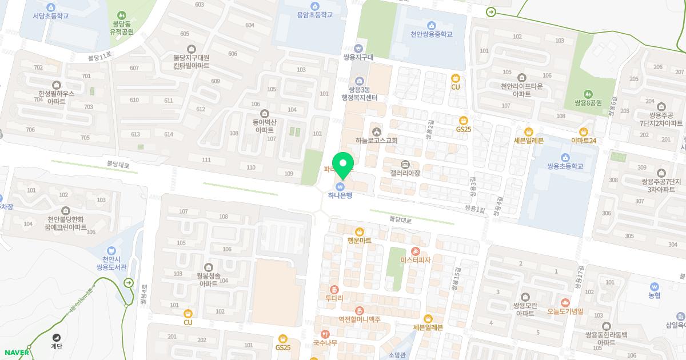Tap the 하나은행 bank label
tap(340, 195)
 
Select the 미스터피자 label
tap(416, 260)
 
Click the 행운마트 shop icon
tap(360, 231)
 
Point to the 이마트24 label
tap(584, 141)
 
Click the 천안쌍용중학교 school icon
tap(431, 25)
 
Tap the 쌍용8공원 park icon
tap(588, 94)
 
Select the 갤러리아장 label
tap(405, 173)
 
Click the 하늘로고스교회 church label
tap(376, 141)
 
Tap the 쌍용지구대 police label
tap(358, 58)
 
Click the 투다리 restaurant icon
tap(334, 289)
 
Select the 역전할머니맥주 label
tap(359, 319)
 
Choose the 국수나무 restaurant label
tap(325, 343)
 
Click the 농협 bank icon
tap(655, 286)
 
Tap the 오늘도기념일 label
tap(565, 312)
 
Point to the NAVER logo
tap(15, 352)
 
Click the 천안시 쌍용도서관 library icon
tap(111, 250)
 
